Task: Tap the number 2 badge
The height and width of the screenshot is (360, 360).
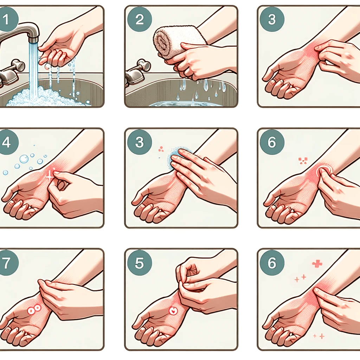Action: click(140, 20)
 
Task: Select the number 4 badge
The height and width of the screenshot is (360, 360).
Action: click(6, 142)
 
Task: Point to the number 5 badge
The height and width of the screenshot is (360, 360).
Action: click(140, 263)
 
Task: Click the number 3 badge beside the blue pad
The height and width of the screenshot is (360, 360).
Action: click(140, 142)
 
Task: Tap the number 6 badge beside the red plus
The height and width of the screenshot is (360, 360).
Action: click(272, 263)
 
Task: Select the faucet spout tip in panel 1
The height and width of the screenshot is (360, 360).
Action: click(33, 39)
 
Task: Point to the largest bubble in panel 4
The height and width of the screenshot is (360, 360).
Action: click(24, 159)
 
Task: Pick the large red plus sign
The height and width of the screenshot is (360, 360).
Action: click(317, 264)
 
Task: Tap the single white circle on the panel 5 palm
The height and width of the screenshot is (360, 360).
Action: click(173, 311)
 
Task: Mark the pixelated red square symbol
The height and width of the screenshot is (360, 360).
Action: click(303, 161)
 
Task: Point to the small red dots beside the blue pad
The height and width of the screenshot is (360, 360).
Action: click(161, 149)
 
